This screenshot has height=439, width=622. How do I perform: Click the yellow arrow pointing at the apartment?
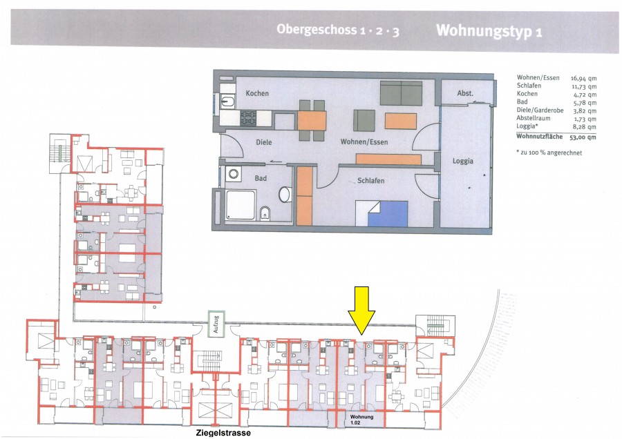tap(361, 310)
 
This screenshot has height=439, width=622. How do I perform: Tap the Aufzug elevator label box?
tap(216, 324)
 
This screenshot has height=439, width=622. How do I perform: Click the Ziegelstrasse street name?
tap(223, 433)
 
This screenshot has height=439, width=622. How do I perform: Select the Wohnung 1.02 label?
tap(361, 420)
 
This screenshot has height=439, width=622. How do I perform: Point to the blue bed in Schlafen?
tap(388, 214)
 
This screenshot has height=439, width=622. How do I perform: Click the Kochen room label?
tap(257, 93)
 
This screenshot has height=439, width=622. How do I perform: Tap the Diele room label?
tap(264, 142)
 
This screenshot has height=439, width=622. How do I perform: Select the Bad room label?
tap(261, 178)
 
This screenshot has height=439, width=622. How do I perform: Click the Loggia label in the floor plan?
tap(463, 162)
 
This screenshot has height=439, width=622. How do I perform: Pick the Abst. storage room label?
tap(465, 93)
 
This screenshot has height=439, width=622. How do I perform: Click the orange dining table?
tap(312, 120)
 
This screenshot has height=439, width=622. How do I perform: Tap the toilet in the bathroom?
tap(265, 213)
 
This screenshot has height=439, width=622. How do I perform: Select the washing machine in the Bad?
tap(234, 174)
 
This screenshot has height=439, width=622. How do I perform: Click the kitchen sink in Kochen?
tap(227, 101)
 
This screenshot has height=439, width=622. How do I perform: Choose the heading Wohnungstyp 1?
tap(489, 31)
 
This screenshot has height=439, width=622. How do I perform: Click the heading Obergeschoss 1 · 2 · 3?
tap(338, 30)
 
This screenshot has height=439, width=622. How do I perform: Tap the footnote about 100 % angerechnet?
tap(549, 153)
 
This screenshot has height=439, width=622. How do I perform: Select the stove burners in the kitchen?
tap(248, 118)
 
